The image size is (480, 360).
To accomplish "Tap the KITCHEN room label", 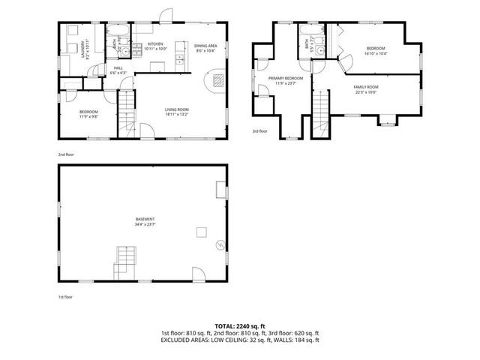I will [155, 44].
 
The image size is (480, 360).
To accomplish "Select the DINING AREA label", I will [205, 45].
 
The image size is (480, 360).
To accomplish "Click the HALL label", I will [118, 68].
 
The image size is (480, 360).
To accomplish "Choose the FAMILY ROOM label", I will [366, 87].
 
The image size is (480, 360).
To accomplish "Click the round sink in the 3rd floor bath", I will [318, 51].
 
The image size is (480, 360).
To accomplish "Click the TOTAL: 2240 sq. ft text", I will [239, 325].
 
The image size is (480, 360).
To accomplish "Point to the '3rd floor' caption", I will [260, 130].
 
